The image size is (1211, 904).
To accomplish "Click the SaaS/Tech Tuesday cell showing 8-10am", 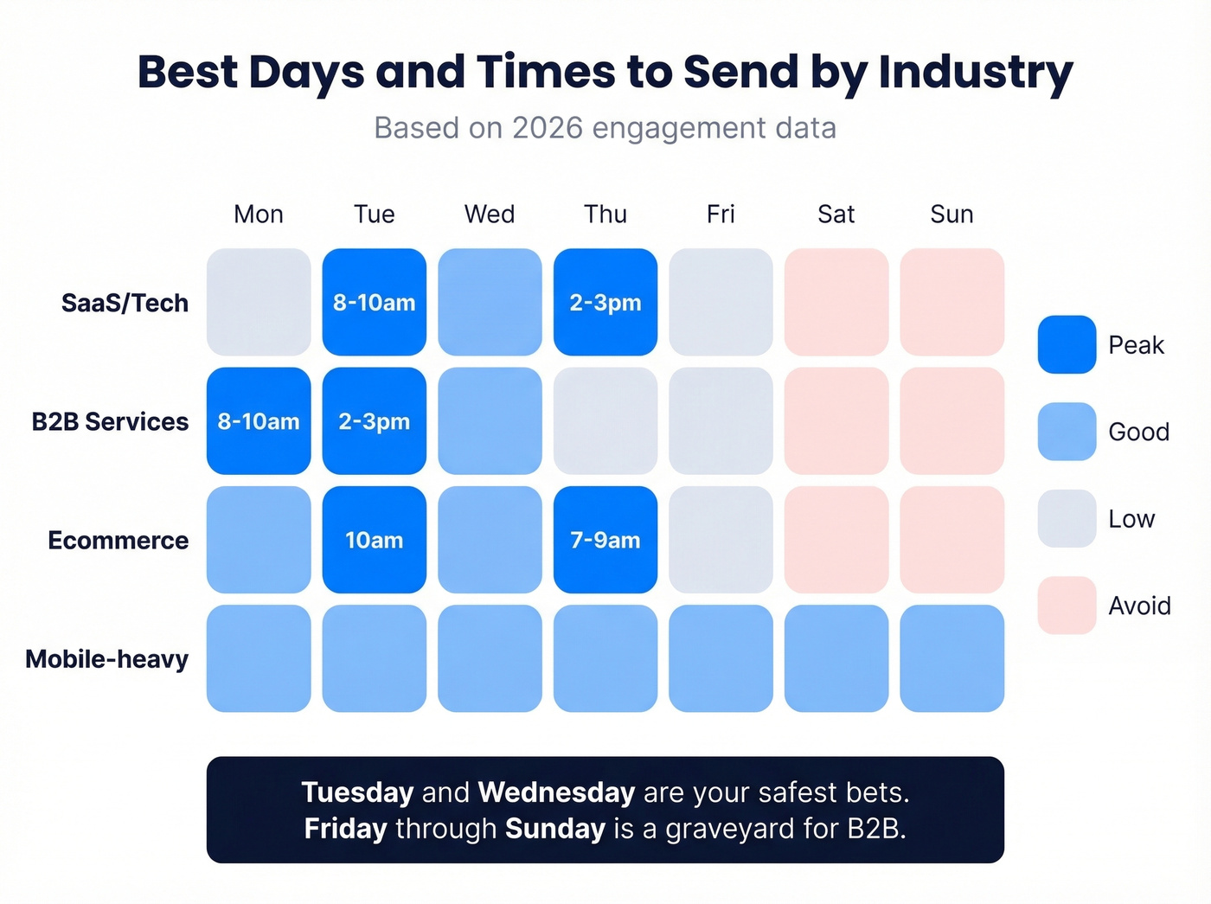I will click(374, 302).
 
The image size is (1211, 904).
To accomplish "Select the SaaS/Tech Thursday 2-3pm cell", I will click(605, 302).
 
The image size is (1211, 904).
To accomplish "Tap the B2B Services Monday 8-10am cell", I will click(259, 421).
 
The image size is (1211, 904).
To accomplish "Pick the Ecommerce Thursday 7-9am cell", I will click(605, 540).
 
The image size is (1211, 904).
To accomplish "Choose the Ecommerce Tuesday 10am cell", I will click(374, 540).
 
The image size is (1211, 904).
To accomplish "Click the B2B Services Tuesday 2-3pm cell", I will click(374, 421).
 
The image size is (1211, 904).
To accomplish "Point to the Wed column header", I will click(490, 214).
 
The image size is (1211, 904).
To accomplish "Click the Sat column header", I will click(836, 214).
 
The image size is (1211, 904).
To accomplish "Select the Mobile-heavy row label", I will click(106, 659).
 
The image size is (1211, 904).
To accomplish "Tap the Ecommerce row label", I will click(118, 541).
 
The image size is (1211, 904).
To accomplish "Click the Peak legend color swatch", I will click(1067, 344).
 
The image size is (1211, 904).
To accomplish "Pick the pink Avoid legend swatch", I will click(1067, 606).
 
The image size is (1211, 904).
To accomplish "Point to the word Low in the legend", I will click(1131, 519).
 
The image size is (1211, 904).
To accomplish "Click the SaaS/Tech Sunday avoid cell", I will click(951, 302).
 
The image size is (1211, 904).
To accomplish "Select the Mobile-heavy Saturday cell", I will click(836, 658).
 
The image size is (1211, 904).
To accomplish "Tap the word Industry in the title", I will click(975, 72).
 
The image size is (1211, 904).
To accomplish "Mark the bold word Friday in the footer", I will click(345, 829).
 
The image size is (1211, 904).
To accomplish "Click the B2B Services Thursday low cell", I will click(605, 421).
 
